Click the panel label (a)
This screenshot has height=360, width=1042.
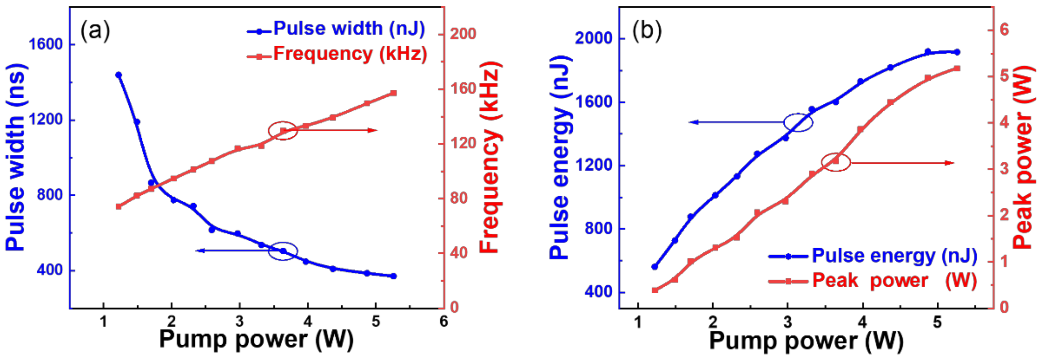95,31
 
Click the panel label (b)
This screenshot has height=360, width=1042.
647,31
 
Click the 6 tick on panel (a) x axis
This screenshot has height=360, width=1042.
444,322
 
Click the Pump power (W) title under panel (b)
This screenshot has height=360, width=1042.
806,341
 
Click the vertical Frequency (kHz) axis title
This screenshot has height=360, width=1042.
491,158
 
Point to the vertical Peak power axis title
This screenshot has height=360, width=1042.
1023,158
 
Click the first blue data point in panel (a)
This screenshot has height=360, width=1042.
118,75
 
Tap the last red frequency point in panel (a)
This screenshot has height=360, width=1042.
393,93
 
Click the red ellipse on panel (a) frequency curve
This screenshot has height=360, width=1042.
283,130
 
